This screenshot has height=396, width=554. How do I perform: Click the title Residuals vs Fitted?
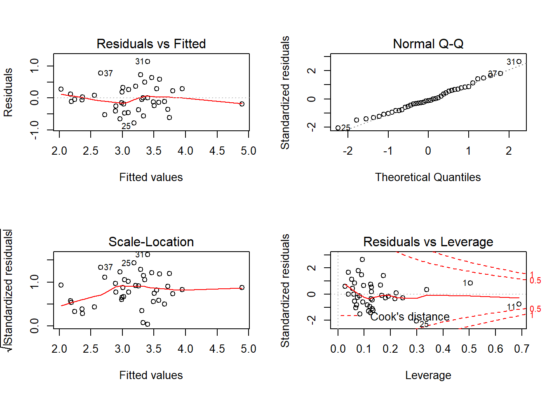151,44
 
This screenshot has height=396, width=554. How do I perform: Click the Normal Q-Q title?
428,44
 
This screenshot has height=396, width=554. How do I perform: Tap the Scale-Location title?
151,242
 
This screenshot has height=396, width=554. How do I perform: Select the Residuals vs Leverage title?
428,242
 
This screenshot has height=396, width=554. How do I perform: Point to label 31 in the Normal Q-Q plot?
511,62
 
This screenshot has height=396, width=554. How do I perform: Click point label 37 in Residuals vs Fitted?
108,73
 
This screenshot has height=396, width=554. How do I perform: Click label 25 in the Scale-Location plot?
126,263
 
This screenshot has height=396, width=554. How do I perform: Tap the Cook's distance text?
410,317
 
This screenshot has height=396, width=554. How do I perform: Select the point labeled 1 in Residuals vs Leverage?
470,283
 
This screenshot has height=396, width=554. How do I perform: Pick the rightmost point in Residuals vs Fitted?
242,104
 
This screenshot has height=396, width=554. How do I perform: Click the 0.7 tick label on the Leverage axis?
521,349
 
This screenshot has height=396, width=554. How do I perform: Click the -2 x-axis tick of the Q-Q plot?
347,151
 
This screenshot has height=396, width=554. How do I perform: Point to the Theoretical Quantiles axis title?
428,177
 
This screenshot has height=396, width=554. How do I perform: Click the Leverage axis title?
428,375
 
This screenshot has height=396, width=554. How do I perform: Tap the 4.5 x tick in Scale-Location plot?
217,349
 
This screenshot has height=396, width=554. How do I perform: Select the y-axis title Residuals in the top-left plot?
8,92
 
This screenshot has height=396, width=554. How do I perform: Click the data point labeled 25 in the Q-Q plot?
338,128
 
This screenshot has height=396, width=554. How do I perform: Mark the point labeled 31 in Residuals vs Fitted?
148,61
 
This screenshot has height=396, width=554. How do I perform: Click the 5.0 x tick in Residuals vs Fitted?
249,151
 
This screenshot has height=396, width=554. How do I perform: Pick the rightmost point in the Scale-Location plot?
242,288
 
